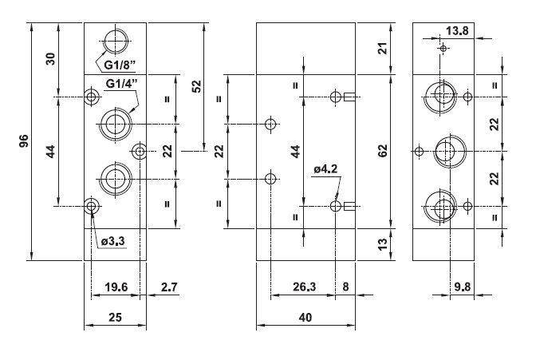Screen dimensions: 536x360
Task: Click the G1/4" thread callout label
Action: click(122, 84)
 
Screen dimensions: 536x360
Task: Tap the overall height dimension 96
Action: click(24, 141)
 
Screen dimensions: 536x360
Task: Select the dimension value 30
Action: click(50, 59)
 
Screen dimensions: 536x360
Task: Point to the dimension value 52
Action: click(197, 86)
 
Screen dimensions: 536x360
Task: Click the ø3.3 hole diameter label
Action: click(113, 241)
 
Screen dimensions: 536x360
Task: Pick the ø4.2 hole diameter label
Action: click(325, 168)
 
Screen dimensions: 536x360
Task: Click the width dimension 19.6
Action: click(116, 287)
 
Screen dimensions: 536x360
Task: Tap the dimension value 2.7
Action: click(170, 287)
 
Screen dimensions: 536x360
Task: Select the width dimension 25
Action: click(115, 317)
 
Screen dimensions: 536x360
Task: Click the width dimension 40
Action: click(305, 317)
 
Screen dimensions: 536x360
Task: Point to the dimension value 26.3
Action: click(304, 287)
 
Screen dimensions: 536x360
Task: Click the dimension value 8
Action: click(345, 287)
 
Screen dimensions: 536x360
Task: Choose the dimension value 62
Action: click(383, 151)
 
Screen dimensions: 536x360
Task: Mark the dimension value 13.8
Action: click(457, 31)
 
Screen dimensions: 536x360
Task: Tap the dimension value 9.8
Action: click(463, 287)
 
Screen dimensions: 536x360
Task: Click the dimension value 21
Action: click(384, 48)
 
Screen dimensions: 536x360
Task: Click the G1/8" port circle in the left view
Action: click(116, 42)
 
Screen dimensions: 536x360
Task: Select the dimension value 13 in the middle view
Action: click(383, 244)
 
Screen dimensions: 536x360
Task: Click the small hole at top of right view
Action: click(443, 49)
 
